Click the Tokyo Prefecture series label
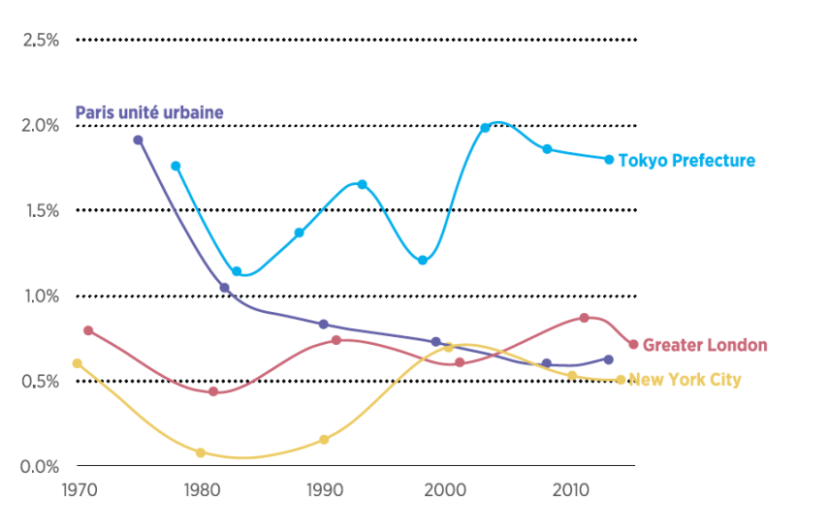pyautogui.click(x=686, y=161)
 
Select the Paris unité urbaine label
pyautogui.click(x=149, y=113)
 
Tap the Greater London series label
pyautogui.click(x=705, y=346)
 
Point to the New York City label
pyautogui.click(x=686, y=380)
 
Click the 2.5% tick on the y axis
pyautogui.click(x=42, y=40)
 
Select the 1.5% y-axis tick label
pyautogui.click(x=42, y=210)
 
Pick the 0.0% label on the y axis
pyautogui.click(x=42, y=466)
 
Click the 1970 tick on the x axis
pyautogui.click(x=78, y=490)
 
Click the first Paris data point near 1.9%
pyautogui.click(x=138, y=140)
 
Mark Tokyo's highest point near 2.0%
pyautogui.click(x=486, y=128)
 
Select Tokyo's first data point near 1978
pyautogui.click(x=175, y=166)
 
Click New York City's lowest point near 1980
pyautogui.click(x=201, y=452)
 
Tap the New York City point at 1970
pyautogui.click(x=78, y=363)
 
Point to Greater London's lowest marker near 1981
pyautogui.click(x=213, y=391)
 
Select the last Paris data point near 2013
pyautogui.click(x=609, y=359)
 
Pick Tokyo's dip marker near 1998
pyautogui.click(x=423, y=261)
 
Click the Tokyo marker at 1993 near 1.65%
pyautogui.click(x=362, y=184)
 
